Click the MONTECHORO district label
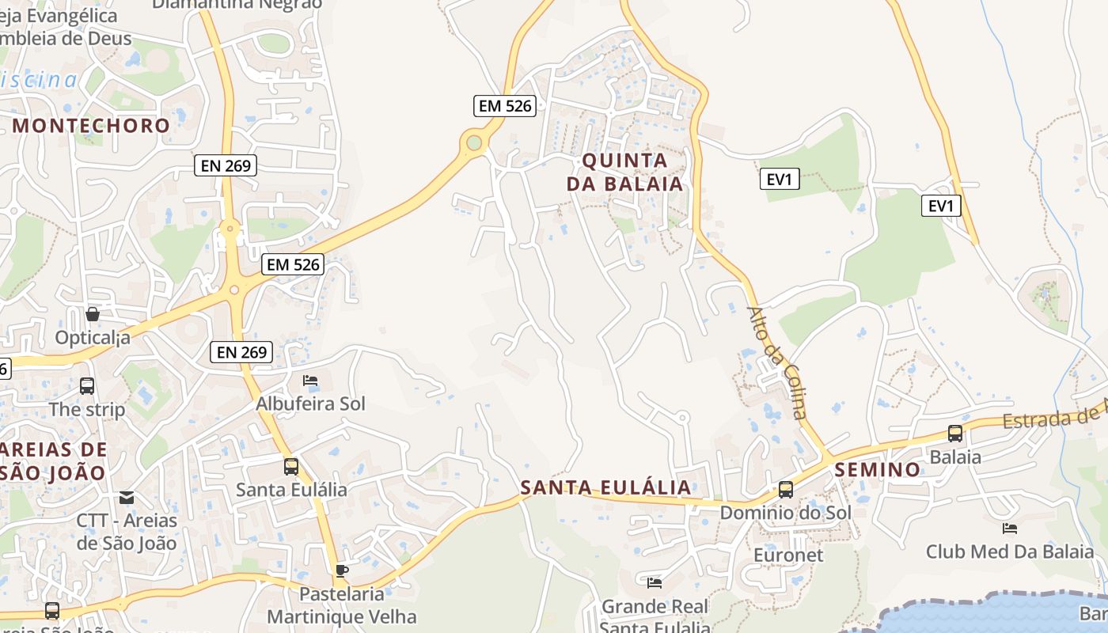tap(91, 125)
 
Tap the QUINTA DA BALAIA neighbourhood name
tap(624, 172)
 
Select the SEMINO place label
tap(878, 469)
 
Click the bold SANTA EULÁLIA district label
tap(606, 487)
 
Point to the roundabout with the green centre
tap(474, 142)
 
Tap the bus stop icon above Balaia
tap(955, 434)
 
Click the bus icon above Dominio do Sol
tap(785, 490)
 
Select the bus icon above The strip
tap(87, 386)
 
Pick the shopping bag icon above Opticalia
tap(93, 314)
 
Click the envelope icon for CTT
tap(127, 498)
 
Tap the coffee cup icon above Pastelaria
tap(342, 570)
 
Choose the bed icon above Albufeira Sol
tap(310, 381)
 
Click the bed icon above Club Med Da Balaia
tap(1009, 528)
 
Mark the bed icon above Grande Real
tap(654, 583)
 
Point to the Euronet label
tap(787, 555)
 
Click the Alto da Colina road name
tap(777, 362)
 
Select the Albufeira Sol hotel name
tap(310, 404)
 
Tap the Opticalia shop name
tap(93, 338)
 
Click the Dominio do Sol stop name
tap(785, 513)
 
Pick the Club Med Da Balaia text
tap(1009, 552)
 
